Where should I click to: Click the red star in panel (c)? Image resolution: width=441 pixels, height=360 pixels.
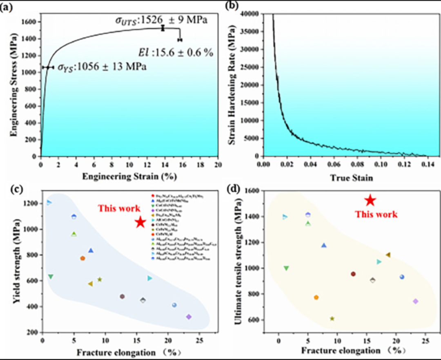click(x=140, y=222)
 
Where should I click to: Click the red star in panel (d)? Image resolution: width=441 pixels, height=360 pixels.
click(x=370, y=200)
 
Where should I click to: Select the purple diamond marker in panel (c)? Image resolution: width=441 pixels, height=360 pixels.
click(x=189, y=317)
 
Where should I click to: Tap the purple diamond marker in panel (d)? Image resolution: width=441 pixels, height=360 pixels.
click(x=416, y=301)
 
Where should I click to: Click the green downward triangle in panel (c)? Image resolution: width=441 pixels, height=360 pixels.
click(x=51, y=277)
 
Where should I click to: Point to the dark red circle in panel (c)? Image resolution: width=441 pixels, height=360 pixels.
click(x=122, y=297)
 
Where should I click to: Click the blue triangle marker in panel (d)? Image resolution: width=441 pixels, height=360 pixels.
click(x=324, y=245)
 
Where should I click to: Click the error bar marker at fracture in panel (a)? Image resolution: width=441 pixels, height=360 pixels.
click(x=180, y=40)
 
